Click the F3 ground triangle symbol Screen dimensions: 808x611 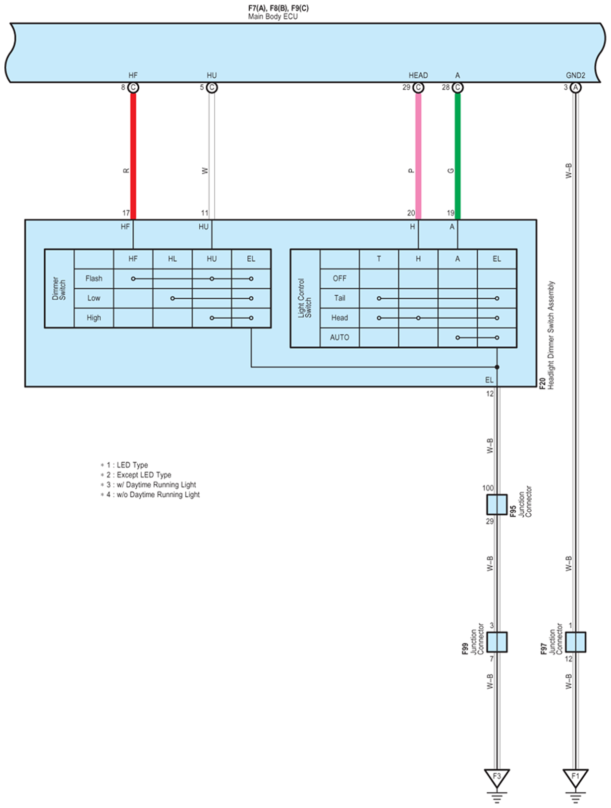(x=497, y=777)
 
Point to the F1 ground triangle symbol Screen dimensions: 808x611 (x=575, y=777)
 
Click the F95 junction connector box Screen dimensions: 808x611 (x=497, y=504)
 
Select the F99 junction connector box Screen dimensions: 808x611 (x=497, y=642)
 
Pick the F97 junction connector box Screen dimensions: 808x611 (x=575, y=642)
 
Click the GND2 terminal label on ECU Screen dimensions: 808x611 (x=575, y=75)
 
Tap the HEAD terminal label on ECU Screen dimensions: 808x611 (x=418, y=75)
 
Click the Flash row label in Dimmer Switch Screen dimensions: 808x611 (x=94, y=278)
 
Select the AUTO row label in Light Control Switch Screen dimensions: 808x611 (x=339, y=337)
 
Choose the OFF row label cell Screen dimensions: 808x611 (x=339, y=278)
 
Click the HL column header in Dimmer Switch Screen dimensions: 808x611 (x=172, y=259)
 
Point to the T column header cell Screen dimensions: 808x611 (x=379, y=259)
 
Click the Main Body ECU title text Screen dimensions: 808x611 (x=273, y=16)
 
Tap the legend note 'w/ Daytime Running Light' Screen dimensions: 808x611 (x=156, y=485)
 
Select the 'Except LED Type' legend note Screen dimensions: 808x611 (x=144, y=475)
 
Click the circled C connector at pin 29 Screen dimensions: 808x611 (x=418, y=88)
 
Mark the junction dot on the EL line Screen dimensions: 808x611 (x=497, y=367)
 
